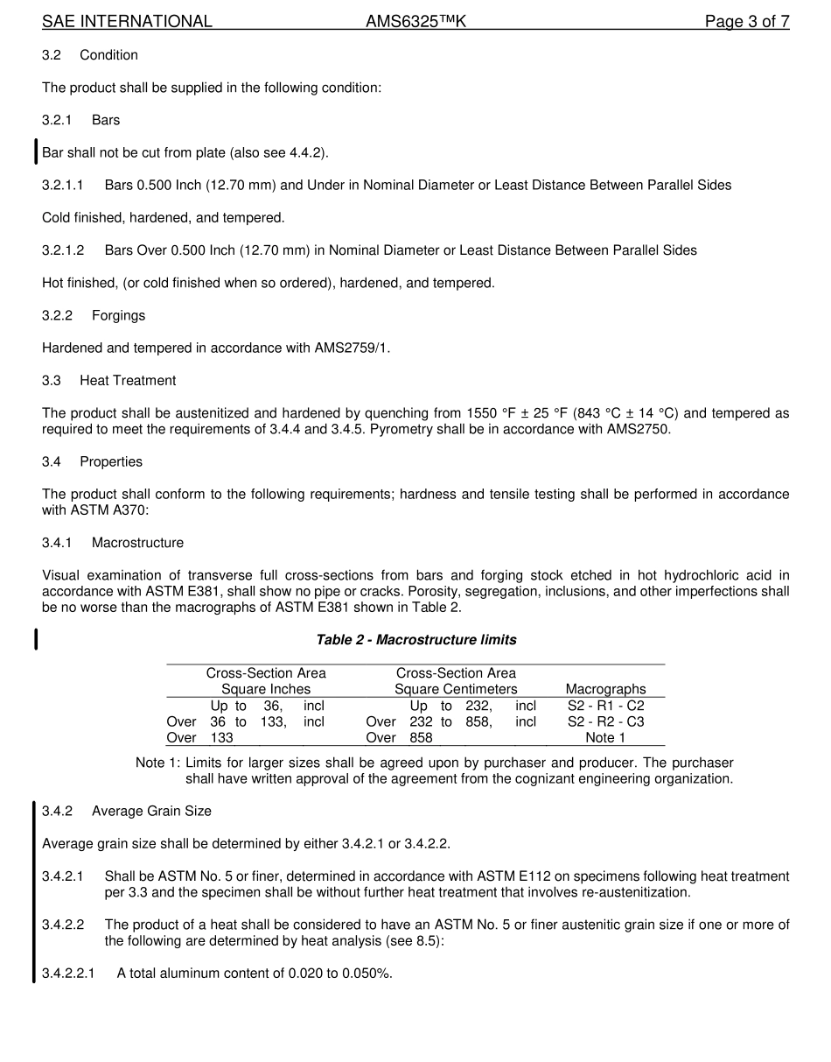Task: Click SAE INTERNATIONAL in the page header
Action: [x=127, y=22]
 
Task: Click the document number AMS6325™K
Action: [x=415, y=22]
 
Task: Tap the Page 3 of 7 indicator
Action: [x=747, y=22]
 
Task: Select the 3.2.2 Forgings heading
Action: [x=94, y=315]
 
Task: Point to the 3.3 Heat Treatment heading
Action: [x=108, y=381]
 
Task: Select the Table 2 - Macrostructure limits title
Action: [x=415, y=640]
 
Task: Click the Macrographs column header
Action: [x=605, y=690]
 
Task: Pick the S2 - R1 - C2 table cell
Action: [x=605, y=706]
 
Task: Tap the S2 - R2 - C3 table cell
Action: [x=605, y=722]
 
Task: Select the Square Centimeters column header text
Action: [x=456, y=690]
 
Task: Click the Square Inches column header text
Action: [x=266, y=690]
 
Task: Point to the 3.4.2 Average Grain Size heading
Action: [x=127, y=812]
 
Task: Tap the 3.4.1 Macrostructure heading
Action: [x=113, y=543]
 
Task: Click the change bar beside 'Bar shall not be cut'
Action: [x=36, y=152]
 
